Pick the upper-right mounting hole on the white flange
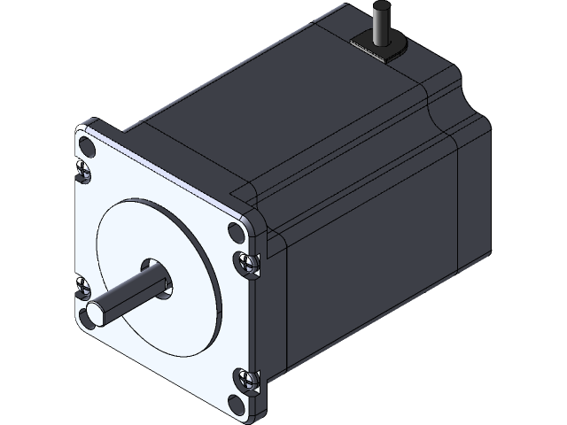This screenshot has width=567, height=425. coord(235,232)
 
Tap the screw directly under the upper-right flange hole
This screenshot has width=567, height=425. coord(248,262)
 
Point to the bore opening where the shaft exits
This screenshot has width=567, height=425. coord(164,281)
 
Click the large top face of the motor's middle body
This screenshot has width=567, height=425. coord(292,106)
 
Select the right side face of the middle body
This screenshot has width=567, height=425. coord(372,266)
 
